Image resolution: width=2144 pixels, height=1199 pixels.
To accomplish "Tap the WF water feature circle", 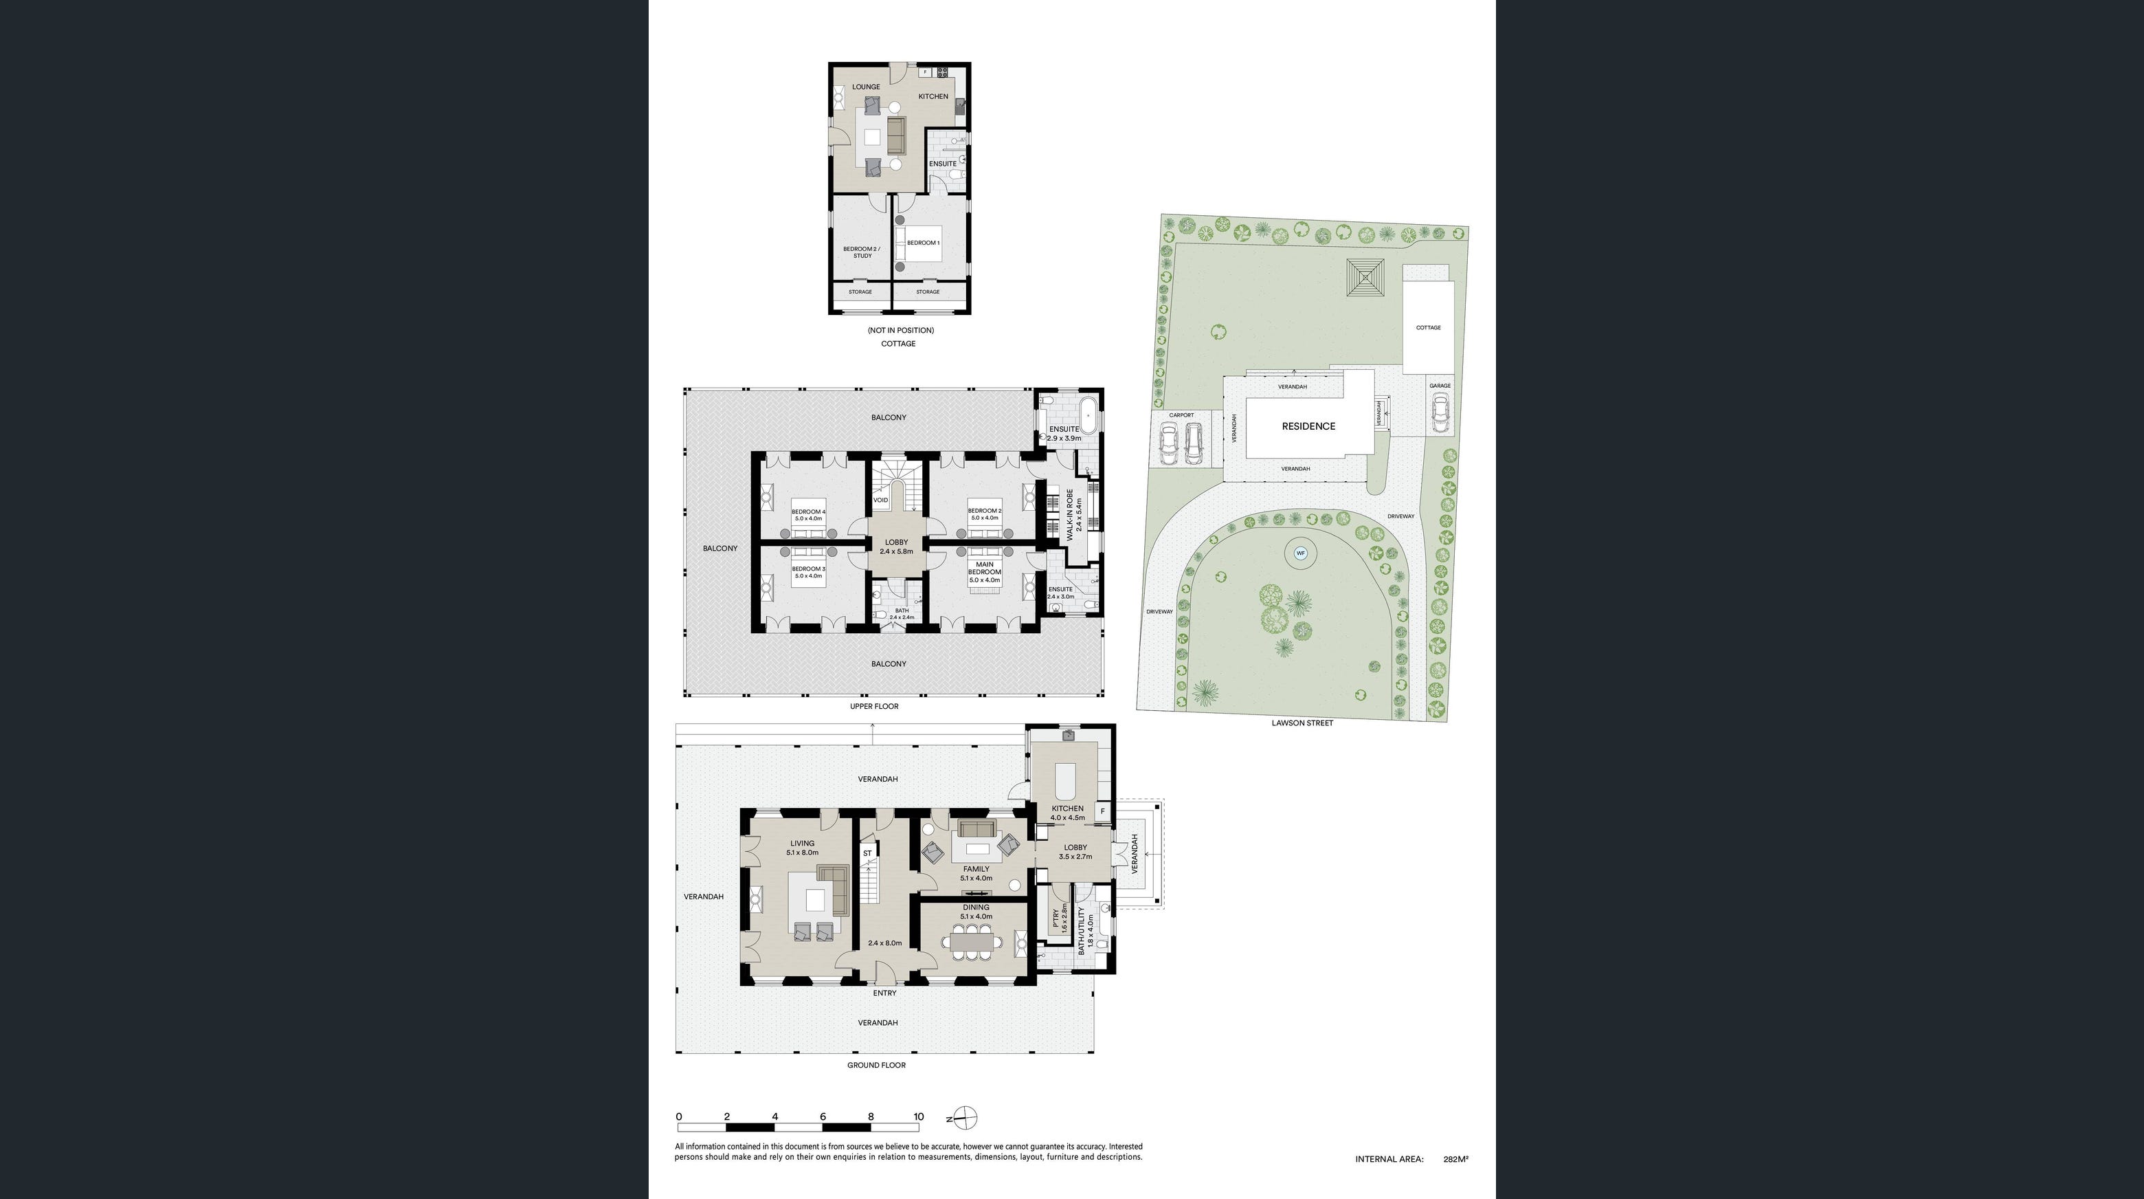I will click(x=1300, y=553).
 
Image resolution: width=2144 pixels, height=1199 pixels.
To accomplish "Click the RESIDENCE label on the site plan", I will click(x=1308, y=426).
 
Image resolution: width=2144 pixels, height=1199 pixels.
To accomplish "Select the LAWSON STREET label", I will click(x=1302, y=723).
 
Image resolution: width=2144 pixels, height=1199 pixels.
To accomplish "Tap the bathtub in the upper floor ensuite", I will click(x=1087, y=414).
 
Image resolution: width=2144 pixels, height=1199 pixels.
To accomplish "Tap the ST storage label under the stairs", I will click(x=867, y=853).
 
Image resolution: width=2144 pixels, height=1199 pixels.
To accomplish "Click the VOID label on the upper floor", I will click(x=880, y=500).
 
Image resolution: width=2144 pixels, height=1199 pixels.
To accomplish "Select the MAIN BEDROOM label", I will click(x=984, y=568).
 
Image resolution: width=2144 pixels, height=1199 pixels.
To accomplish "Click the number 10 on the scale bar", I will click(x=918, y=1116).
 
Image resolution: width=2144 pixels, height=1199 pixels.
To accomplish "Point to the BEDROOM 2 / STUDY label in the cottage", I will click(x=862, y=252).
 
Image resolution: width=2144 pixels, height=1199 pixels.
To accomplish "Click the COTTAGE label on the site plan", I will click(x=1427, y=327).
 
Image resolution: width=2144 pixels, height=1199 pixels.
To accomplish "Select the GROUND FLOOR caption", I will click(x=875, y=1065).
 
